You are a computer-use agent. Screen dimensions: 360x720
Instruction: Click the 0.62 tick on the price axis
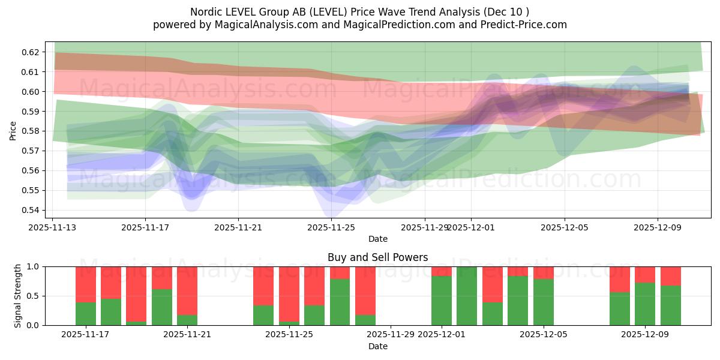click(31, 52)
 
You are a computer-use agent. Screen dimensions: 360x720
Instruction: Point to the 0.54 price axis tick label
click(31, 210)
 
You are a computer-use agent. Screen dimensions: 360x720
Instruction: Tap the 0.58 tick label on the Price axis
click(31, 131)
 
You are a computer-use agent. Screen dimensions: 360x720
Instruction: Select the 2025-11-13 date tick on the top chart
click(52, 227)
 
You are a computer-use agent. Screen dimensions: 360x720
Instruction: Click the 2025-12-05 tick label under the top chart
click(564, 227)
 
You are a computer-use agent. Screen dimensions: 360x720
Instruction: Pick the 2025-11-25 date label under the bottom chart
click(289, 334)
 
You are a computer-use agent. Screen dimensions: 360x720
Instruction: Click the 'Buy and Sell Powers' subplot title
click(377, 257)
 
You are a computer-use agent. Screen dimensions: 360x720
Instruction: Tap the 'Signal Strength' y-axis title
click(18, 296)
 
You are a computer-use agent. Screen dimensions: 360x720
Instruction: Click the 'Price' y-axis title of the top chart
click(13, 130)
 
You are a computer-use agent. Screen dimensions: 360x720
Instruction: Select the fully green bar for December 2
click(467, 296)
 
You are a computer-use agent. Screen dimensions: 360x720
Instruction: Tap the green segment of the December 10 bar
click(670, 305)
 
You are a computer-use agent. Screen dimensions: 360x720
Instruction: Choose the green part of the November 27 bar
click(365, 320)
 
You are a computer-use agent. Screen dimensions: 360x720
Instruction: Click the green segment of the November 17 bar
click(86, 314)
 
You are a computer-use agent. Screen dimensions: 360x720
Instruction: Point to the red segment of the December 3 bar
click(492, 284)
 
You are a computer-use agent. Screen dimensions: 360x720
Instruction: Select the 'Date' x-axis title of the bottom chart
click(377, 346)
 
